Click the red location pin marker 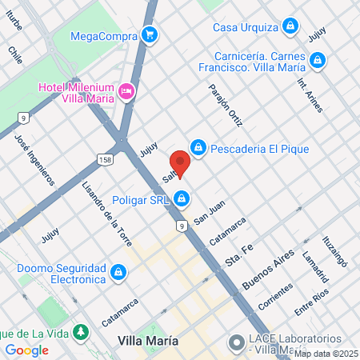tap(180, 163)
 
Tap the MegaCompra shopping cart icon tap(149, 34)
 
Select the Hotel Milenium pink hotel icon tap(126, 92)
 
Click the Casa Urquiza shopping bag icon tap(290, 26)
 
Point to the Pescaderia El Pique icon tap(198, 148)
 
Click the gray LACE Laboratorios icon tap(235, 342)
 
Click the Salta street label tap(170, 173)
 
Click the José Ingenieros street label tap(34, 158)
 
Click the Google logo tap(26, 350)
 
